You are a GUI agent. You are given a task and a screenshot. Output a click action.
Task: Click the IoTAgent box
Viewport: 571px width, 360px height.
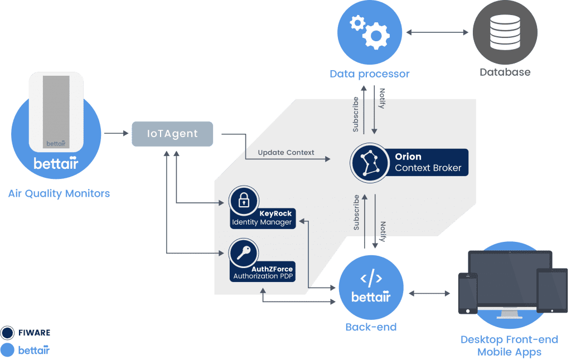(x=172, y=134)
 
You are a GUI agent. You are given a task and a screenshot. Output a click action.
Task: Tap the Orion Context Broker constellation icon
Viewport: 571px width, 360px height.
(x=369, y=162)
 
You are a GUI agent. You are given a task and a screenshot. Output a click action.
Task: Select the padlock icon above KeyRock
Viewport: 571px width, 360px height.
(x=244, y=201)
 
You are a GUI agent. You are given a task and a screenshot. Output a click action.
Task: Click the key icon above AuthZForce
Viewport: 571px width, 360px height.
(x=244, y=253)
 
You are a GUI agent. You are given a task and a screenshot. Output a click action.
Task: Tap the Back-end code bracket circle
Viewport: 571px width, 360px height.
(x=371, y=286)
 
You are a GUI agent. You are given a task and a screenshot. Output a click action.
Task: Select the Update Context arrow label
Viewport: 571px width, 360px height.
(x=286, y=153)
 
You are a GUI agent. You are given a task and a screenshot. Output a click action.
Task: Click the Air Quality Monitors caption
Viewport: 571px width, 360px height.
(x=59, y=194)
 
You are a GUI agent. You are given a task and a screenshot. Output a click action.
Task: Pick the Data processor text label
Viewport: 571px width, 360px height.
(x=369, y=74)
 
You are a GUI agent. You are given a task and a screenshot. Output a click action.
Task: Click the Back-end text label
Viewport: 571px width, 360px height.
(x=371, y=327)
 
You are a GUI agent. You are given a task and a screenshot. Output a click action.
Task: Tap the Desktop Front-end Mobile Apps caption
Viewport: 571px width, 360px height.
(x=509, y=346)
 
